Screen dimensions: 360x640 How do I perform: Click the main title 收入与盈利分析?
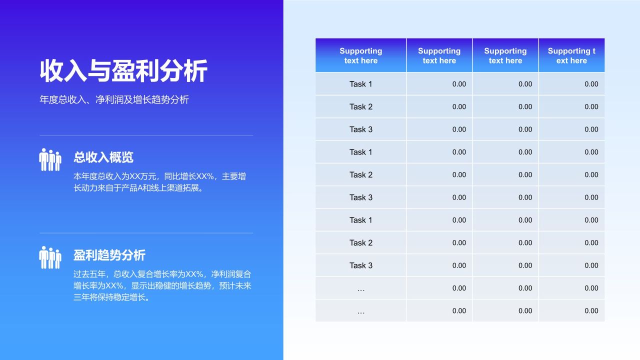pyautogui.click(x=123, y=70)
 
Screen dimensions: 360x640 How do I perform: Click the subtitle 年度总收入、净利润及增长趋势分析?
pyautogui.click(x=114, y=99)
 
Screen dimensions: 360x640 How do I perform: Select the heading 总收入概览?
pyautogui.click(x=103, y=157)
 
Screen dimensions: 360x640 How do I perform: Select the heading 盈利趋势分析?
pyautogui.click(x=109, y=255)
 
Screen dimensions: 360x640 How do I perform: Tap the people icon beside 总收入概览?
pyautogui.click(x=50, y=159)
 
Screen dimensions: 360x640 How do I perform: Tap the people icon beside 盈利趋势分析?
pyautogui.click(x=50, y=257)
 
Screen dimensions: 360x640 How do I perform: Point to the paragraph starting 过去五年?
pyautogui.click(x=162, y=285)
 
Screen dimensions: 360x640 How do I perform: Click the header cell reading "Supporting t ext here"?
pyautogui.click(x=571, y=55)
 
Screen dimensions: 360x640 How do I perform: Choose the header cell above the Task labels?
pyautogui.click(x=360, y=55)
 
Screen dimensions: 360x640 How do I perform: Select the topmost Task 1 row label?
pyautogui.click(x=360, y=84)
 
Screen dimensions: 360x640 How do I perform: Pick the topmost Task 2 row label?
pyautogui.click(x=360, y=106)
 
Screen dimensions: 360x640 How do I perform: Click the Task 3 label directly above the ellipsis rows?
pyautogui.click(x=360, y=265)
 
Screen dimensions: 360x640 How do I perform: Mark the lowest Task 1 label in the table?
pyautogui.click(x=360, y=220)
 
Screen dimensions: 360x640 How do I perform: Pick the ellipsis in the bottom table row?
pyautogui.click(x=360, y=311)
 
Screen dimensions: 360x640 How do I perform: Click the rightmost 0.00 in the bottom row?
pyautogui.click(x=591, y=311)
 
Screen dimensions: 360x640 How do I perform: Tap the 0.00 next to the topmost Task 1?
pyautogui.click(x=458, y=84)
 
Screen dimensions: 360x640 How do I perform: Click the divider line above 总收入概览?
pyautogui.click(x=146, y=135)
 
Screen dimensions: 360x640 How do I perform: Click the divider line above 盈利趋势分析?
pyautogui.click(x=146, y=233)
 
